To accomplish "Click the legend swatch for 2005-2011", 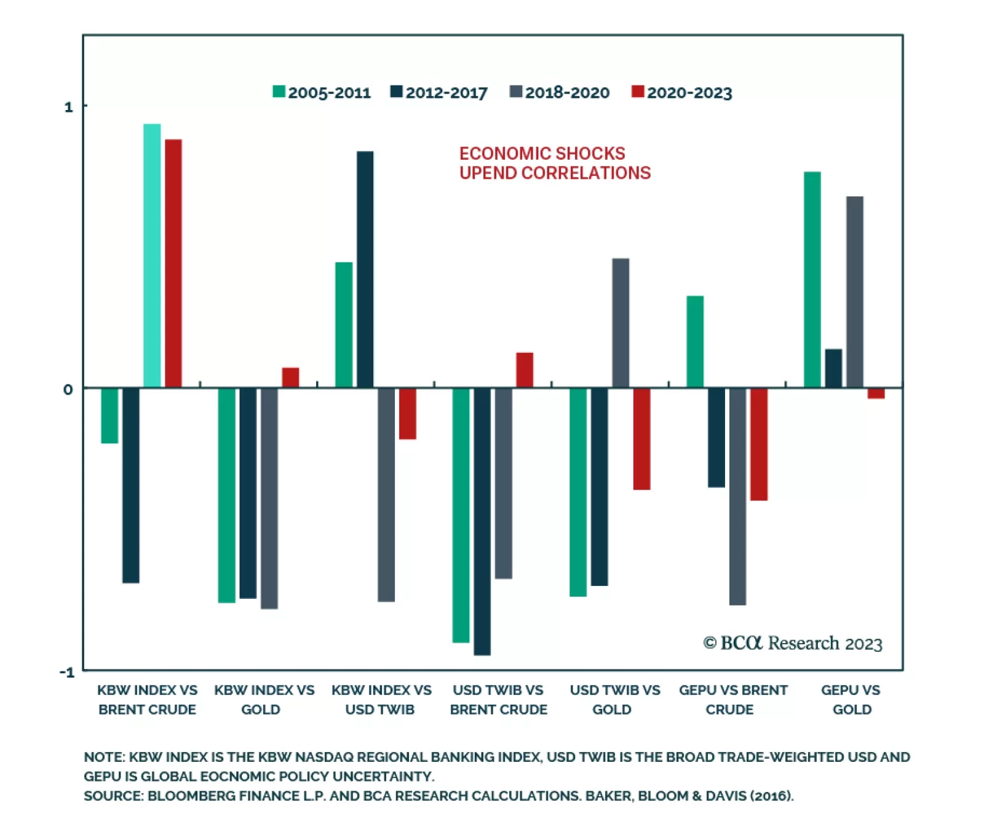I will pyautogui.click(x=279, y=92).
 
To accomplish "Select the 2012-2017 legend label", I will pyautogui.click(x=446, y=93).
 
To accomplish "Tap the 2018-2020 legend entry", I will pyautogui.click(x=566, y=93).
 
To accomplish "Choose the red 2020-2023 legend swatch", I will pyautogui.click(x=637, y=92).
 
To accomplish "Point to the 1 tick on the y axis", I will pyautogui.click(x=68, y=107).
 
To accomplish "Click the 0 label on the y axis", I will pyautogui.click(x=68, y=389).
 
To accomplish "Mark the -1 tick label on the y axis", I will pyautogui.click(x=66, y=671).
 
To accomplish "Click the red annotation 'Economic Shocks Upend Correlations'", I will pyautogui.click(x=554, y=163).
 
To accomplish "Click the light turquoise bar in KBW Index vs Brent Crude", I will pyautogui.click(x=152, y=256).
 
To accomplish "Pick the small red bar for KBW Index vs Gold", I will pyautogui.click(x=290, y=378).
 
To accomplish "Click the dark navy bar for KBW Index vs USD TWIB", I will pyautogui.click(x=365, y=269).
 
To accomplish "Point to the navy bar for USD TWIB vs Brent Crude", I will pyautogui.click(x=482, y=521).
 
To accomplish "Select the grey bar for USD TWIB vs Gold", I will pyautogui.click(x=621, y=323).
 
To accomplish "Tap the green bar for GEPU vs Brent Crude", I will pyautogui.click(x=695, y=342).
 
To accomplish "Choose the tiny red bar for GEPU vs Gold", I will pyautogui.click(x=876, y=394).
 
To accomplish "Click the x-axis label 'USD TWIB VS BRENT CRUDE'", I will pyautogui.click(x=498, y=700).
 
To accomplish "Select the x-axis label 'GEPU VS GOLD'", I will pyautogui.click(x=851, y=700).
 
